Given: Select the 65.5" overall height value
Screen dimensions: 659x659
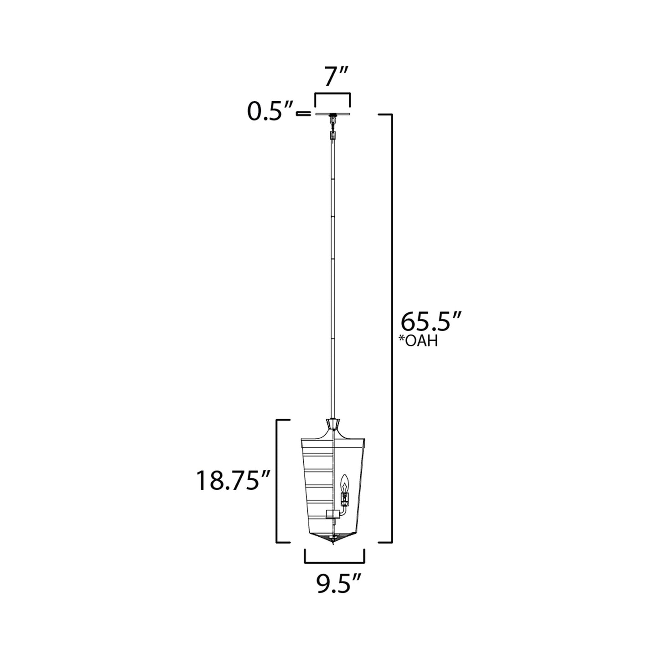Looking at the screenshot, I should (x=431, y=322).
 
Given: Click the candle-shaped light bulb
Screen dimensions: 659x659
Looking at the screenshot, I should (x=345, y=483).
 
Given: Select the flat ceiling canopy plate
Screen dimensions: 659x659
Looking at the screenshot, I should (x=333, y=114).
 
